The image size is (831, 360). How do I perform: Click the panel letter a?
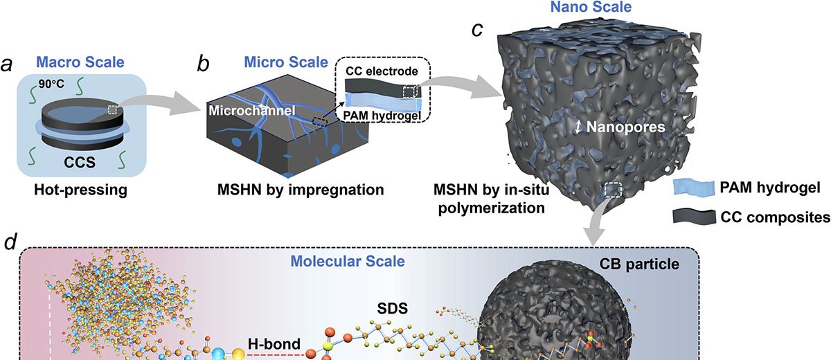click(x=9, y=64)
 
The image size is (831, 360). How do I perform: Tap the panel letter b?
click(x=204, y=64)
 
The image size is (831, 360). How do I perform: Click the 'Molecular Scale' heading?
click(x=348, y=262)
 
